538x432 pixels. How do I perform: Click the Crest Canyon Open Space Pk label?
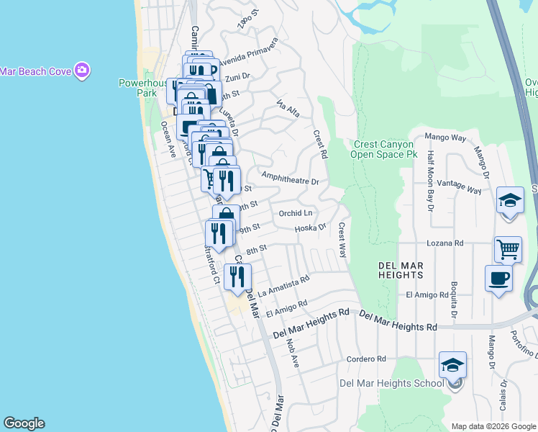coord(384,149)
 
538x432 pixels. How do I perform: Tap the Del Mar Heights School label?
coord(392,382)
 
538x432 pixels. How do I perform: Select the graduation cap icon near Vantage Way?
coord(510,200)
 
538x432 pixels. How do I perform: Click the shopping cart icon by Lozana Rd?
coord(508,249)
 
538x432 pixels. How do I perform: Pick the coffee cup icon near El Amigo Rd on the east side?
coord(498,278)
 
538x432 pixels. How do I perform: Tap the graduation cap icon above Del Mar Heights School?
coord(452,365)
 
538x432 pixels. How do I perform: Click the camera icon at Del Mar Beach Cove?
coord(82,70)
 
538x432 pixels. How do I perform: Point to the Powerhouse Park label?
coord(137,88)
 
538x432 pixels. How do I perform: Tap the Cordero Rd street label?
coord(366,359)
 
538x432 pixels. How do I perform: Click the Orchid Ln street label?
coord(296,213)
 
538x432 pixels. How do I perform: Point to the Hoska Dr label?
coord(311,228)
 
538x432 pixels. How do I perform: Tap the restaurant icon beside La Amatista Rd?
coord(237,276)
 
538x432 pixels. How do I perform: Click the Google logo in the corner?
coord(24,423)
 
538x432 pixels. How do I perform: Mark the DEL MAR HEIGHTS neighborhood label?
coord(401,270)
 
